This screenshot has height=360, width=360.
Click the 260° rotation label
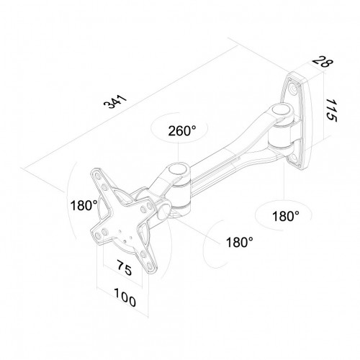point(182,131)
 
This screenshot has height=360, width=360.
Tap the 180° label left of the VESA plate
point(84,205)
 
